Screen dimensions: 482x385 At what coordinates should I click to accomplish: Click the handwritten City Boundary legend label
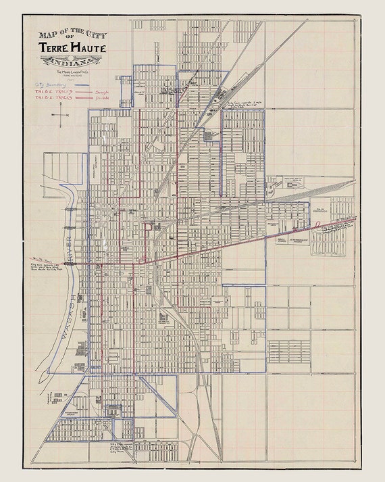[48, 85]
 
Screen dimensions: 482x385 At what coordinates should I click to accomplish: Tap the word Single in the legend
[103, 91]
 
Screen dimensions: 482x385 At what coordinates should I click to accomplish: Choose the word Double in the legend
[103, 97]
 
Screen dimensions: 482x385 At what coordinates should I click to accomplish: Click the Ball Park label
[281, 239]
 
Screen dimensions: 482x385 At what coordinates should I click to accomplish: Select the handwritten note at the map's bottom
[124, 446]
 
